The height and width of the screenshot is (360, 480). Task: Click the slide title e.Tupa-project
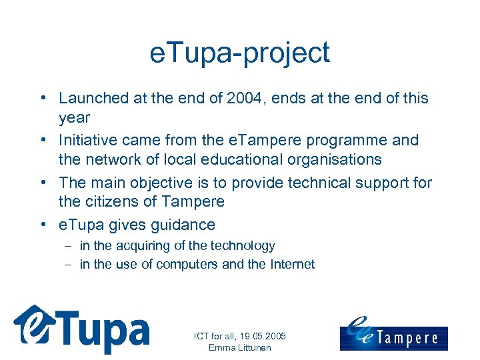click(240, 53)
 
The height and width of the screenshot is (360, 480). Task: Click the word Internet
click(291, 264)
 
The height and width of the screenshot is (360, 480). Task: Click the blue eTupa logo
click(81, 329)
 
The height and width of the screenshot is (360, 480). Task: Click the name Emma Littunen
click(239, 347)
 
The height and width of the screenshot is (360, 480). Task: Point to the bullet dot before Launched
click(42, 98)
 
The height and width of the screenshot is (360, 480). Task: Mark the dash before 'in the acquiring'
click(69, 246)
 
